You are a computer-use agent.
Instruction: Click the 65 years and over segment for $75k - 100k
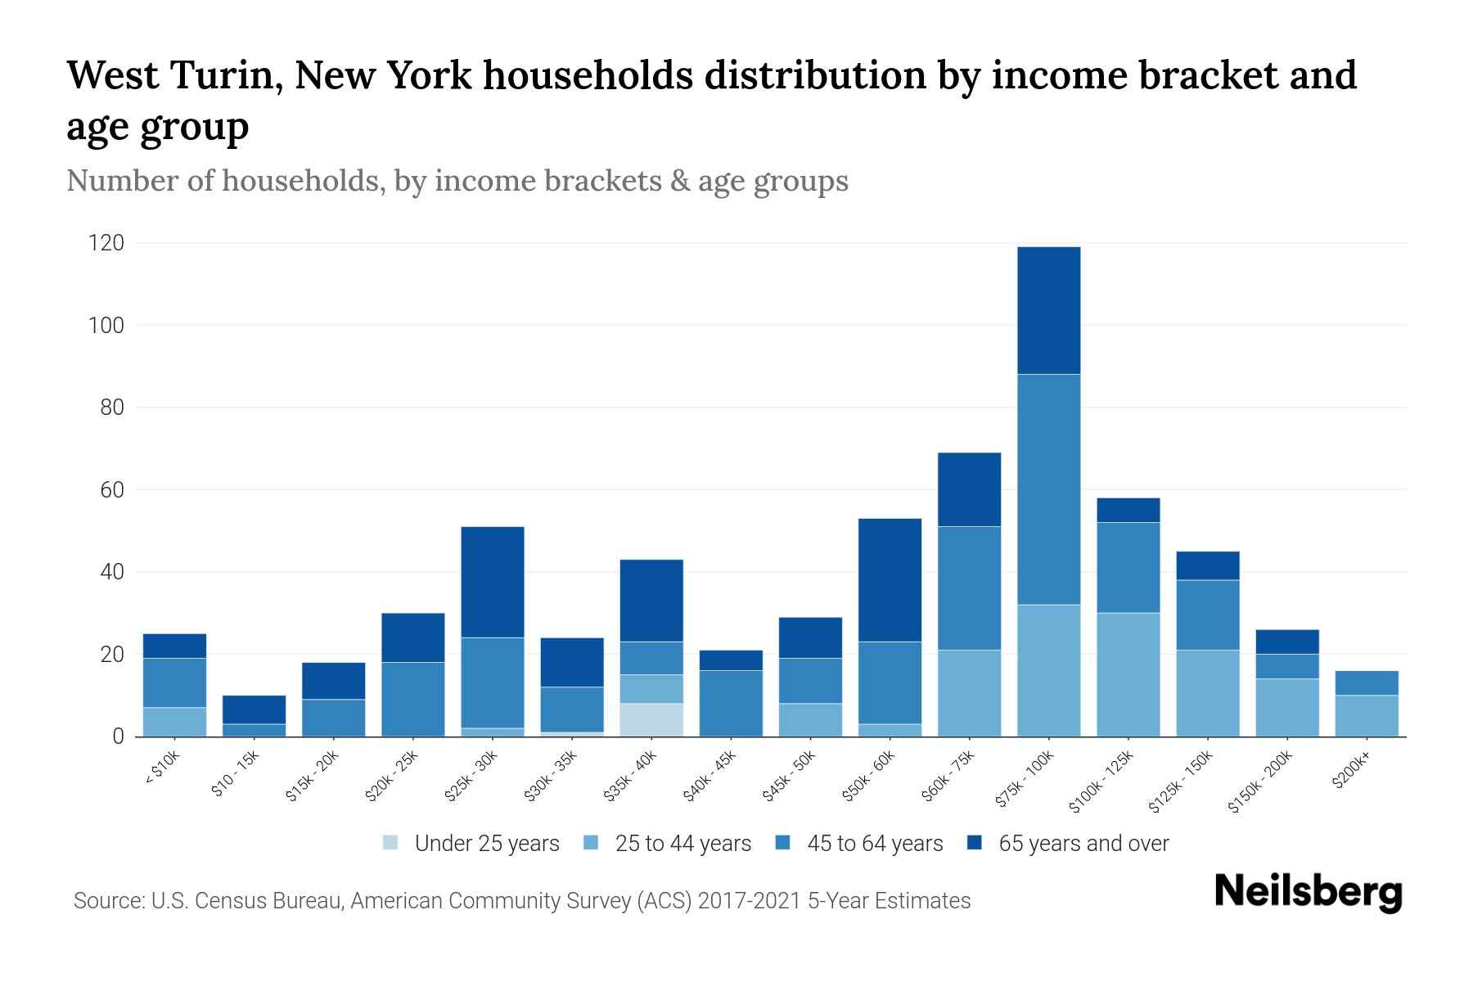click(1048, 310)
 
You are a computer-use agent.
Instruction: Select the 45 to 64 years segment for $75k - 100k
click(1048, 489)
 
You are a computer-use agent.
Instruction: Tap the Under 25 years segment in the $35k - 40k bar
click(651, 719)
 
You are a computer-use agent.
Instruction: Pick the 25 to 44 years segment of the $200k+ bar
click(1366, 715)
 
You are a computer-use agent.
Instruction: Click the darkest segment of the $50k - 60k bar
click(890, 579)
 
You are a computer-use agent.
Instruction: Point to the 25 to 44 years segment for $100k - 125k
click(1128, 674)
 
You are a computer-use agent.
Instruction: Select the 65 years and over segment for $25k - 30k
click(493, 582)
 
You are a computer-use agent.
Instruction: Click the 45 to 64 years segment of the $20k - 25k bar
click(413, 699)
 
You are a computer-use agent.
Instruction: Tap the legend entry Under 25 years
click(486, 844)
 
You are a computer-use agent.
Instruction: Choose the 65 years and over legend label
click(1083, 844)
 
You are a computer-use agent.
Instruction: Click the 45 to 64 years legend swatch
click(783, 843)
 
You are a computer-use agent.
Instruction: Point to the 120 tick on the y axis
click(106, 243)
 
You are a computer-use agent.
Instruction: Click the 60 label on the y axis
click(112, 490)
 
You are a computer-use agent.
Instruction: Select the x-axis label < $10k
click(163, 769)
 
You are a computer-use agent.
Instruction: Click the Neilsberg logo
click(1308, 892)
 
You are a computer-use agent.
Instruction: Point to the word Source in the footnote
click(107, 901)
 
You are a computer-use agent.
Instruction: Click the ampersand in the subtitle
click(678, 181)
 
